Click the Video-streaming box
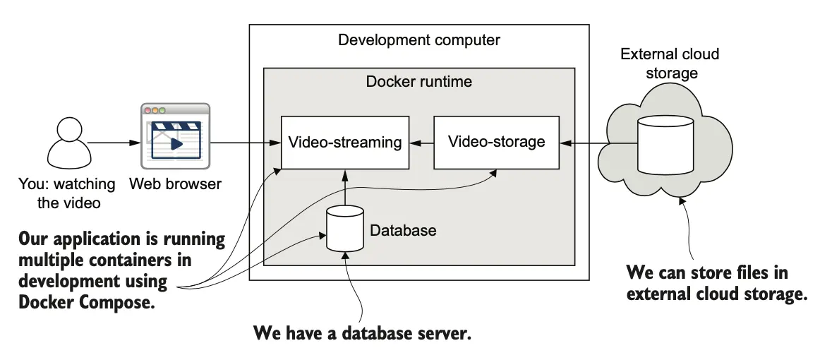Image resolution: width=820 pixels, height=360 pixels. point(345,142)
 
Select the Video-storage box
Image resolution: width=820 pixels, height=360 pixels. point(496,142)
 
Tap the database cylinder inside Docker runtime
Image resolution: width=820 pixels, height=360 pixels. point(344,229)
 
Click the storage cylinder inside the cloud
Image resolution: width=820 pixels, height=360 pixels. point(665,144)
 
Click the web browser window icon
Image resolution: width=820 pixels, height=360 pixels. point(175,136)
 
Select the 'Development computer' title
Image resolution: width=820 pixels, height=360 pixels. point(418,40)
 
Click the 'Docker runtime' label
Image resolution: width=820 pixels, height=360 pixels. point(418,81)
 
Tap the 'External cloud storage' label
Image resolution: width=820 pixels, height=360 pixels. point(669,64)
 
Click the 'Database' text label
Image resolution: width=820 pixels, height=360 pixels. point(403,230)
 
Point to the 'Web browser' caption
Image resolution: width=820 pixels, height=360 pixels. point(175,184)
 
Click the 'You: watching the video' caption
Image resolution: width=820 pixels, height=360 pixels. point(66,193)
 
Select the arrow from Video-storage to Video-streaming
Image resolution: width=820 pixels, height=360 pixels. point(421,143)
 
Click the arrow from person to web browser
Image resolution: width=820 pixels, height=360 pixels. point(113,143)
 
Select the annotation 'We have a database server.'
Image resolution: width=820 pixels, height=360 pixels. point(361,333)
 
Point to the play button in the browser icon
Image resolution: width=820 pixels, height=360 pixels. point(176,143)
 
